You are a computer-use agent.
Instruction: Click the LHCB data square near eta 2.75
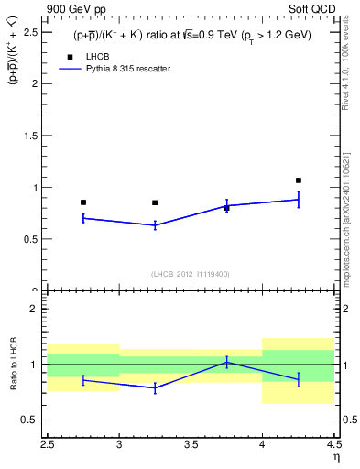point(83,202)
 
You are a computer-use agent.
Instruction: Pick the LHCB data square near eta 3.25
point(155,202)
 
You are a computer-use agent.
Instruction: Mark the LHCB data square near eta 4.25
point(299,180)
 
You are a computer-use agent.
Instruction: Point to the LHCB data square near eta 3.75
point(227,208)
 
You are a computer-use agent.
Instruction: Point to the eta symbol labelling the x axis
point(335,456)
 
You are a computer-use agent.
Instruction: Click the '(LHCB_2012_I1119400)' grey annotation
point(191,274)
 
